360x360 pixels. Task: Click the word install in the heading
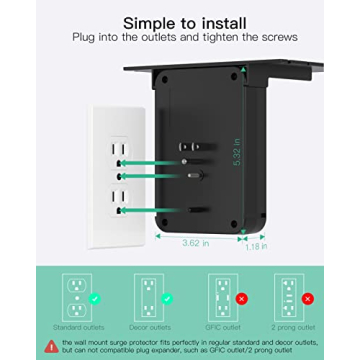[x=219, y=23]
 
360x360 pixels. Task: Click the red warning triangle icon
[x=51, y=345]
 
